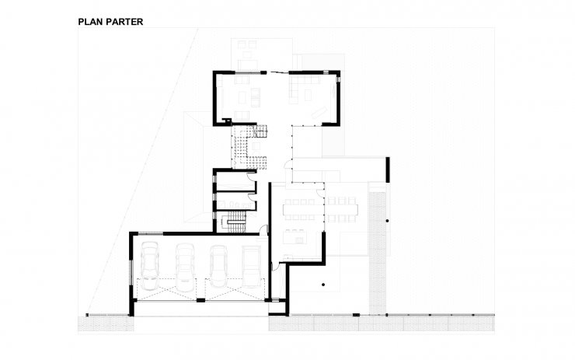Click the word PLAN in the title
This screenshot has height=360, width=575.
click(89, 22)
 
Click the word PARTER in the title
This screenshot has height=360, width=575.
click(123, 22)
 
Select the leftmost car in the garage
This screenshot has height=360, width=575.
click(150, 265)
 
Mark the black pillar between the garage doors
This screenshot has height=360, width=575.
click(200, 300)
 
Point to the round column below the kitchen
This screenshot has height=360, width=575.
click(323, 285)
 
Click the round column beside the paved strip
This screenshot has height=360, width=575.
click(387, 221)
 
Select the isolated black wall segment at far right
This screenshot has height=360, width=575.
click(388, 170)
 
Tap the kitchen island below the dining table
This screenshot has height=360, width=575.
click(295, 236)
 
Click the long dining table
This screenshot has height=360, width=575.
click(320, 209)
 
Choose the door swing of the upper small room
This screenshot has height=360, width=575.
click(251, 177)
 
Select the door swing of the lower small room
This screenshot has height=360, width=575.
click(252, 197)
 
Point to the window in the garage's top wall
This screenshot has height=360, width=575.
click(150, 233)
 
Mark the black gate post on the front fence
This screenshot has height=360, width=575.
click(356, 315)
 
